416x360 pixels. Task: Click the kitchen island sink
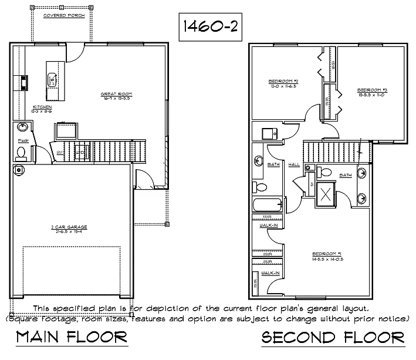click(x=52, y=79)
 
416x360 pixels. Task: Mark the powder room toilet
click(x=21, y=153)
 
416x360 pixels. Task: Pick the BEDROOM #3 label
click(x=372, y=90)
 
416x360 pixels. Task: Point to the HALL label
click(x=295, y=164)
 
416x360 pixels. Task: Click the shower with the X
click(x=324, y=193)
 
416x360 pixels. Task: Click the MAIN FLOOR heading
click(x=72, y=338)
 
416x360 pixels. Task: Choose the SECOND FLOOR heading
click(x=333, y=338)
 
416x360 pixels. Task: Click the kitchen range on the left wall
click(x=24, y=82)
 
